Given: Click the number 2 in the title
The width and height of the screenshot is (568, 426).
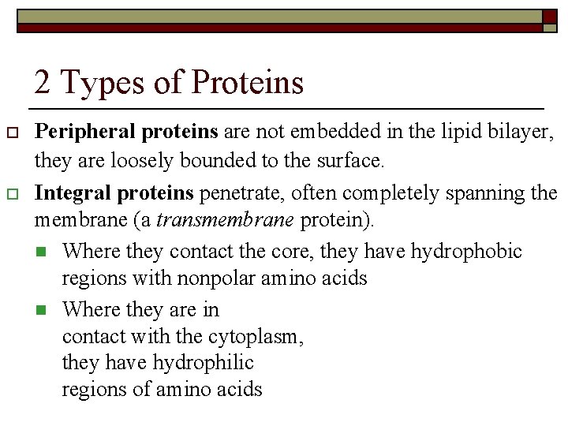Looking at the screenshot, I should pos(43,82).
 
